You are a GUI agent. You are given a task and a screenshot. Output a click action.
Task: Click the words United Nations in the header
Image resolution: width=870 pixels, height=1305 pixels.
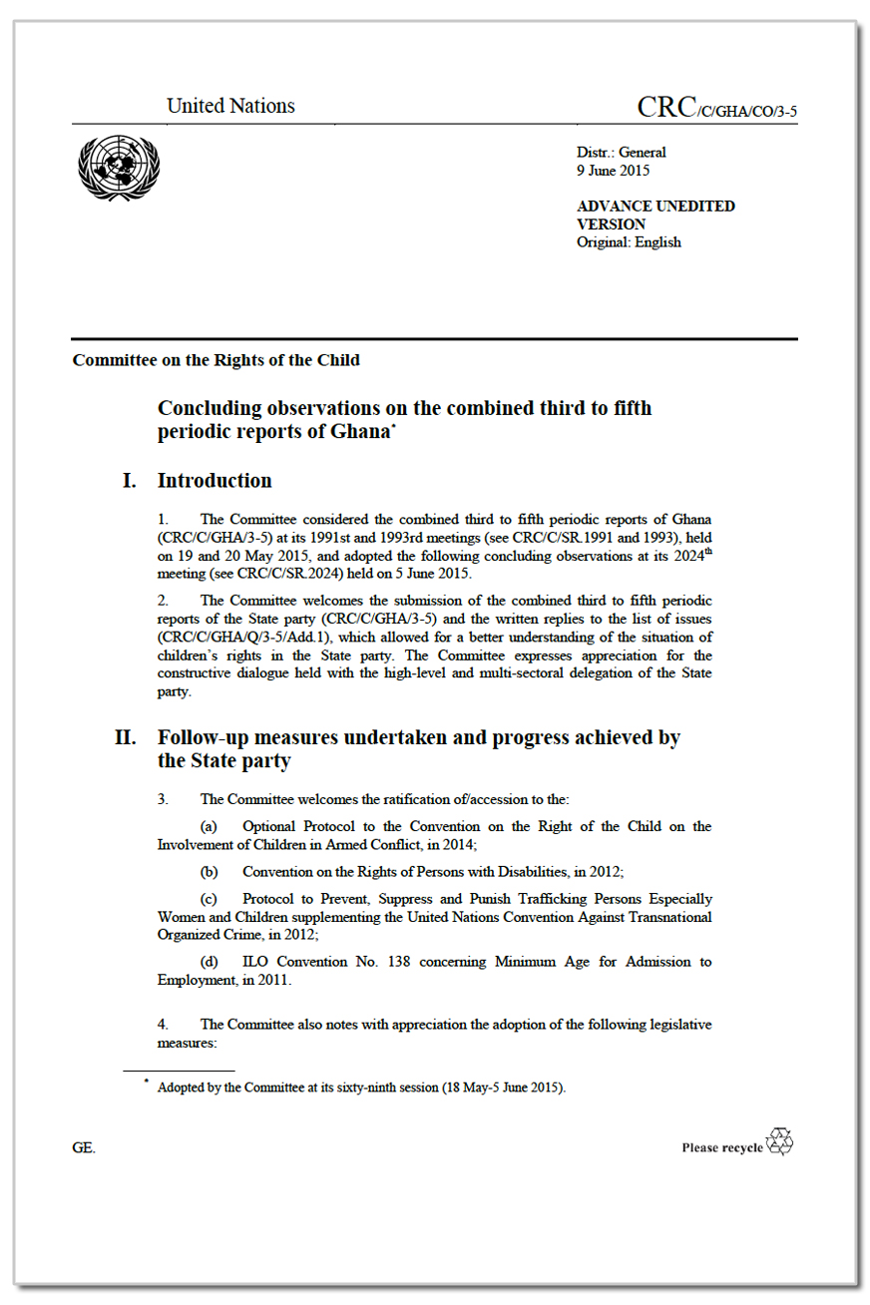tap(230, 106)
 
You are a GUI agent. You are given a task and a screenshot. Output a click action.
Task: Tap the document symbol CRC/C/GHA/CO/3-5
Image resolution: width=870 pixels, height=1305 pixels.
tap(716, 109)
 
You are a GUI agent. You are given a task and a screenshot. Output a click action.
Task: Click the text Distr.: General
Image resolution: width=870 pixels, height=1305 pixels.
tap(621, 153)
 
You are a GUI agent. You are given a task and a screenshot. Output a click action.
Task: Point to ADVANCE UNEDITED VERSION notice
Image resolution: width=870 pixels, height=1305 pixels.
tap(654, 215)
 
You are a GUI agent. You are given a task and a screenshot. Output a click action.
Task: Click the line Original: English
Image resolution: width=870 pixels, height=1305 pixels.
tap(629, 241)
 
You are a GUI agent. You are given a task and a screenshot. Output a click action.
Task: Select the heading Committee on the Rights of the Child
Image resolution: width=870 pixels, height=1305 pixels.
tap(216, 360)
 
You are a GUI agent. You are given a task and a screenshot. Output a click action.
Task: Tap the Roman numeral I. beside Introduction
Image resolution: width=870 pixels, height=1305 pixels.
tap(130, 481)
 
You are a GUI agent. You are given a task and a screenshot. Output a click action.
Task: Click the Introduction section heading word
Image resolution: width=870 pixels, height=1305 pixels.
tap(215, 481)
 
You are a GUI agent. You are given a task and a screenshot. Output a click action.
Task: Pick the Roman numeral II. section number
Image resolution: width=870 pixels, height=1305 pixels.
tap(126, 738)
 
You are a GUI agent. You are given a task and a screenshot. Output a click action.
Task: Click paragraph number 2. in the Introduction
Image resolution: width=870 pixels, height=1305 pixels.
tap(164, 601)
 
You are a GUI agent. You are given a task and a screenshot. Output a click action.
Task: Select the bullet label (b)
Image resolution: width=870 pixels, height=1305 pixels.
tap(210, 871)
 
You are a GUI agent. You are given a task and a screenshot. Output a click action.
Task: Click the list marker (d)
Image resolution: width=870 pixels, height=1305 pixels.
tap(210, 962)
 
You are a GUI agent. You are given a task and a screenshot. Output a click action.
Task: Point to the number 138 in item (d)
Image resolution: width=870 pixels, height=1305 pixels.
tap(444, 962)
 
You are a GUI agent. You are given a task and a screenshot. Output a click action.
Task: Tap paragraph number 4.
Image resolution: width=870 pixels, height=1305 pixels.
tap(164, 1025)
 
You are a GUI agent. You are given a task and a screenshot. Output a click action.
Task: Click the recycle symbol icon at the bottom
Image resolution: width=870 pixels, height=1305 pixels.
tap(779, 1142)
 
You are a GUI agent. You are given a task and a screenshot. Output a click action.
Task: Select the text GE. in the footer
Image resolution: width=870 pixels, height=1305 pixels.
tap(84, 1148)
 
